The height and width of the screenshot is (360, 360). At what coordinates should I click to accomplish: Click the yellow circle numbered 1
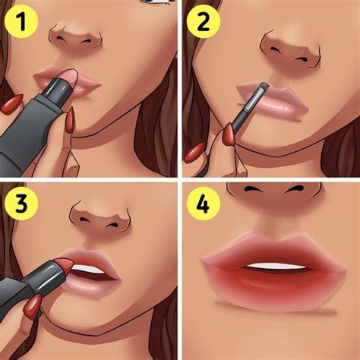[x=21, y=22]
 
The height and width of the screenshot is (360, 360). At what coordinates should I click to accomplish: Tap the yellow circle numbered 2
[x=204, y=21]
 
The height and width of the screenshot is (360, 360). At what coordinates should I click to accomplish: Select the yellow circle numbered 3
[x=21, y=204]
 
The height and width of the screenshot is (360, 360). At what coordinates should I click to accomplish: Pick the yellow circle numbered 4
[x=204, y=204]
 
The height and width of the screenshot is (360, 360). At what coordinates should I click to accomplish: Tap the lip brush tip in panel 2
[x=264, y=86]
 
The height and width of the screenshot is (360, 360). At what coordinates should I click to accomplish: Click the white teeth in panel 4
[x=276, y=267]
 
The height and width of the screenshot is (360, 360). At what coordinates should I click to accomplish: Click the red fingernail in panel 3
[x=33, y=305]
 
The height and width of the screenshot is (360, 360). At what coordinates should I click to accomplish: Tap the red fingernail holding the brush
[x=229, y=134]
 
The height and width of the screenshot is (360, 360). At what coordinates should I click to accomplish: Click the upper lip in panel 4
[x=273, y=251]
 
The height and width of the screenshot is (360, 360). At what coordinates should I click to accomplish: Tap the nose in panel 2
[x=291, y=52]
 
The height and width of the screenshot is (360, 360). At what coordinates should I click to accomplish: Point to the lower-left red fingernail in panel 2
[x=195, y=153]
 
